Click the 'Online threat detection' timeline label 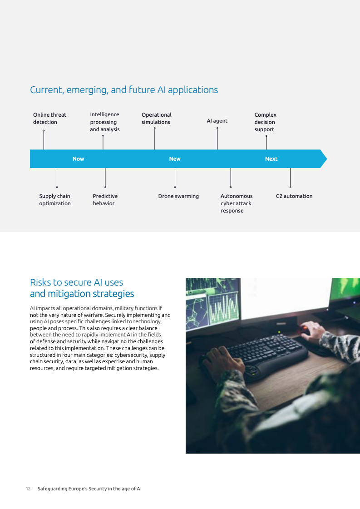[x=49, y=119]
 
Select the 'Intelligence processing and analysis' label [x=105, y=122]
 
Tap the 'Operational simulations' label [x=156, y=119]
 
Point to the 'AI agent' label [x=217, y=121]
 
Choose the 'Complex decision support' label [x=265, y=122]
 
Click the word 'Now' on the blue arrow [x=79, y=159]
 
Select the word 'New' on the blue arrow [x=175, y=159]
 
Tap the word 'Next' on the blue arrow [x=271, y=159]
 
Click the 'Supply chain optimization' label [x=55, y=200]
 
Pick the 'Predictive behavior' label [x=105, y=200]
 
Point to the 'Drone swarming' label [x=178, y=196]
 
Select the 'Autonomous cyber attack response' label [x=236, y=203]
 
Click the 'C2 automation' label [x=294, y=196]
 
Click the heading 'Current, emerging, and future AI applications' [x=124, y=90]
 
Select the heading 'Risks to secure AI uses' [x=76, y=282]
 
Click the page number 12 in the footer [x=28, y=489]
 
